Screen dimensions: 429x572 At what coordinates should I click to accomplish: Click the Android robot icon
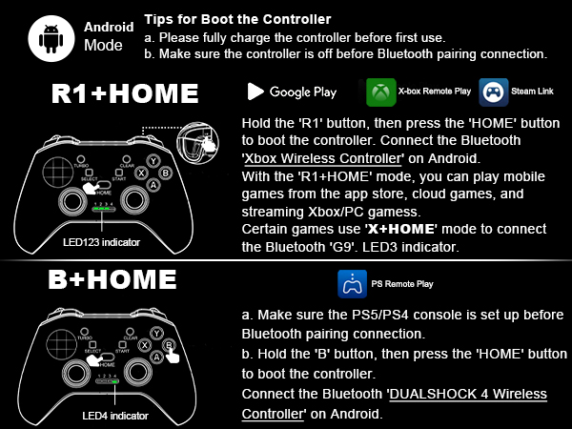click(x=51, y=36)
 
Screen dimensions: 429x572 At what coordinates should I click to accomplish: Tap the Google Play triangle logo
click(x=255, y=92)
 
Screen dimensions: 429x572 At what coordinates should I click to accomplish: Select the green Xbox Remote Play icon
click(x=381, y=92)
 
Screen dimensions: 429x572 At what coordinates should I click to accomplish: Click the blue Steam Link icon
click(x=493, y=92)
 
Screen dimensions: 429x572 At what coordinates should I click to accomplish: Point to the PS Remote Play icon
click(x=350, y=284)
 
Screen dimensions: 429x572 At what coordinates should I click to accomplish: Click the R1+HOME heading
click(x=125, y=93)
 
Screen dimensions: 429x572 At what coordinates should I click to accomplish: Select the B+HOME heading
click(x=113, y=279)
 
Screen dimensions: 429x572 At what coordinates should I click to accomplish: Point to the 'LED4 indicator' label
click(x=90, y=416)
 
